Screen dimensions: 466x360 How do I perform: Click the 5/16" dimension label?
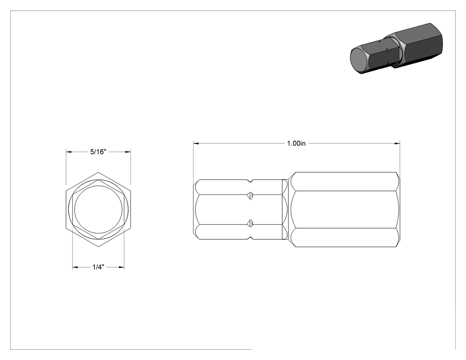[98, 152]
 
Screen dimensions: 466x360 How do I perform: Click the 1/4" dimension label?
[98, 267]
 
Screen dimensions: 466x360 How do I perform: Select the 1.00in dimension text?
[296, 143]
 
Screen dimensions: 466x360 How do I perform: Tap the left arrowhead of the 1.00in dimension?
[196, 143]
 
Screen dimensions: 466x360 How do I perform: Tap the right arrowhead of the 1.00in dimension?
[397, 143]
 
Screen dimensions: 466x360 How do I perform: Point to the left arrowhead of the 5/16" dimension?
[69, 152]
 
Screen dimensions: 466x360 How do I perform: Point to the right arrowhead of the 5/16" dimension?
[128, 152]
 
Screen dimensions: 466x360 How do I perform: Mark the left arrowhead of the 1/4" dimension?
[75, 267]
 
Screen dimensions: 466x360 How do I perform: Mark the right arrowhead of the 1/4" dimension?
[121, 267]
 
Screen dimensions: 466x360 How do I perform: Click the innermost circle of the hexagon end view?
[99, 186]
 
